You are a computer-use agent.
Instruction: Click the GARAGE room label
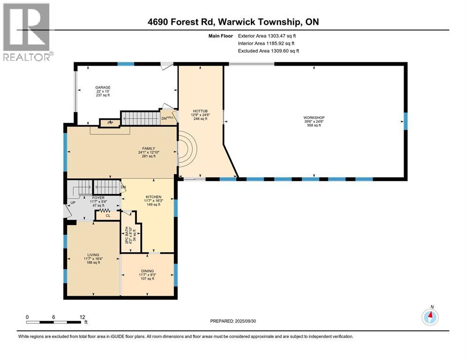tap(103, 87)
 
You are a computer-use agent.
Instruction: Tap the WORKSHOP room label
tap(314, 118)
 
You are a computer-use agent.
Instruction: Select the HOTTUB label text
tap(200, 111)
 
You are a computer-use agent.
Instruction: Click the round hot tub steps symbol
tap(187, 150)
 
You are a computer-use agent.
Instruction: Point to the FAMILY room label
tap(149, 149)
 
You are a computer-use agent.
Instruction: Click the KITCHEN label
tap(153, 197)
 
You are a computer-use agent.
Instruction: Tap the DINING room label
tap(147, 271)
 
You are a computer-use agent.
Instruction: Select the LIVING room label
tap(93, 255)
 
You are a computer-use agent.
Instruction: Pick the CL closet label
tap(108, 216)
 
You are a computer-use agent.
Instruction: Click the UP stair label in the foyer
tap(73, 203)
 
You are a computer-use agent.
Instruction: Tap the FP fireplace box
tap(110, 123)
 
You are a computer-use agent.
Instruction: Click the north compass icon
tap(430, 317)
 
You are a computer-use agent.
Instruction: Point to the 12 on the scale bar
tap(83, 317)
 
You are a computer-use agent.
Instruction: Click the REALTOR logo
tap(27, 32)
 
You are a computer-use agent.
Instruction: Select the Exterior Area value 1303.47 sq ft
tap(282, 36)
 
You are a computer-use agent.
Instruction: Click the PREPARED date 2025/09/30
tap(245, 321)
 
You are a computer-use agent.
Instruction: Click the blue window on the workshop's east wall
tap(406, 121)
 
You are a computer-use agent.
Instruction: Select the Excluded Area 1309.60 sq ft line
tap(268, 51)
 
